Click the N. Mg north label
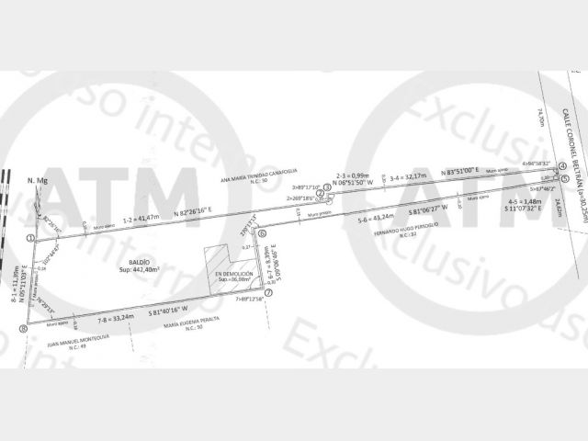click(x=37, y=181)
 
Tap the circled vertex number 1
click(x=31, y=238)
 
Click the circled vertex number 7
click(x=267, y=293)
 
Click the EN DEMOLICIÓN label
click(x=232, y=275)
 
